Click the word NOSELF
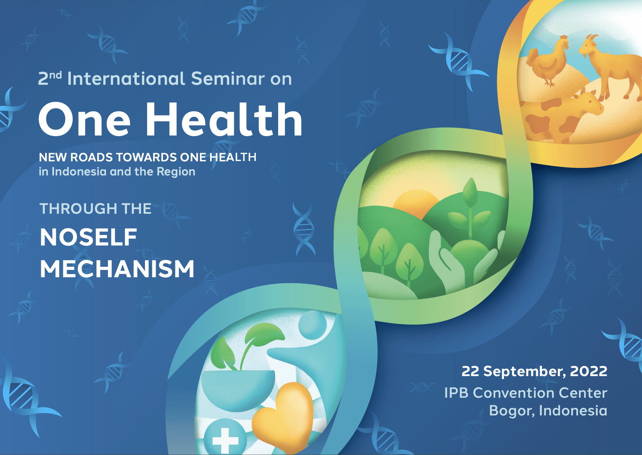coord(88,237)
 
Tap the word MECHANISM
coord(117,269)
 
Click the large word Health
coord(224,119)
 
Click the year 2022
coord(589,371)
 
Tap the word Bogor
coord(512,411)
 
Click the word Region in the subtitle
coord(176,172)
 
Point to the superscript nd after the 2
coord(55,75)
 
